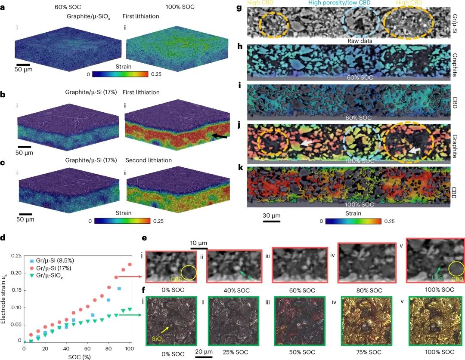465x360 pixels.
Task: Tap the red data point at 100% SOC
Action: coord(130,265)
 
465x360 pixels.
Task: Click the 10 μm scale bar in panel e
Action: coord(199,248)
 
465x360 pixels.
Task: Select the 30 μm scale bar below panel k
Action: coord(272,222)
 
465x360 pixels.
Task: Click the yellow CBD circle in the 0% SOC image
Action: coord(189,273)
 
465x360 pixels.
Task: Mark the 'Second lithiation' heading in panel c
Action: coord(149,160)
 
